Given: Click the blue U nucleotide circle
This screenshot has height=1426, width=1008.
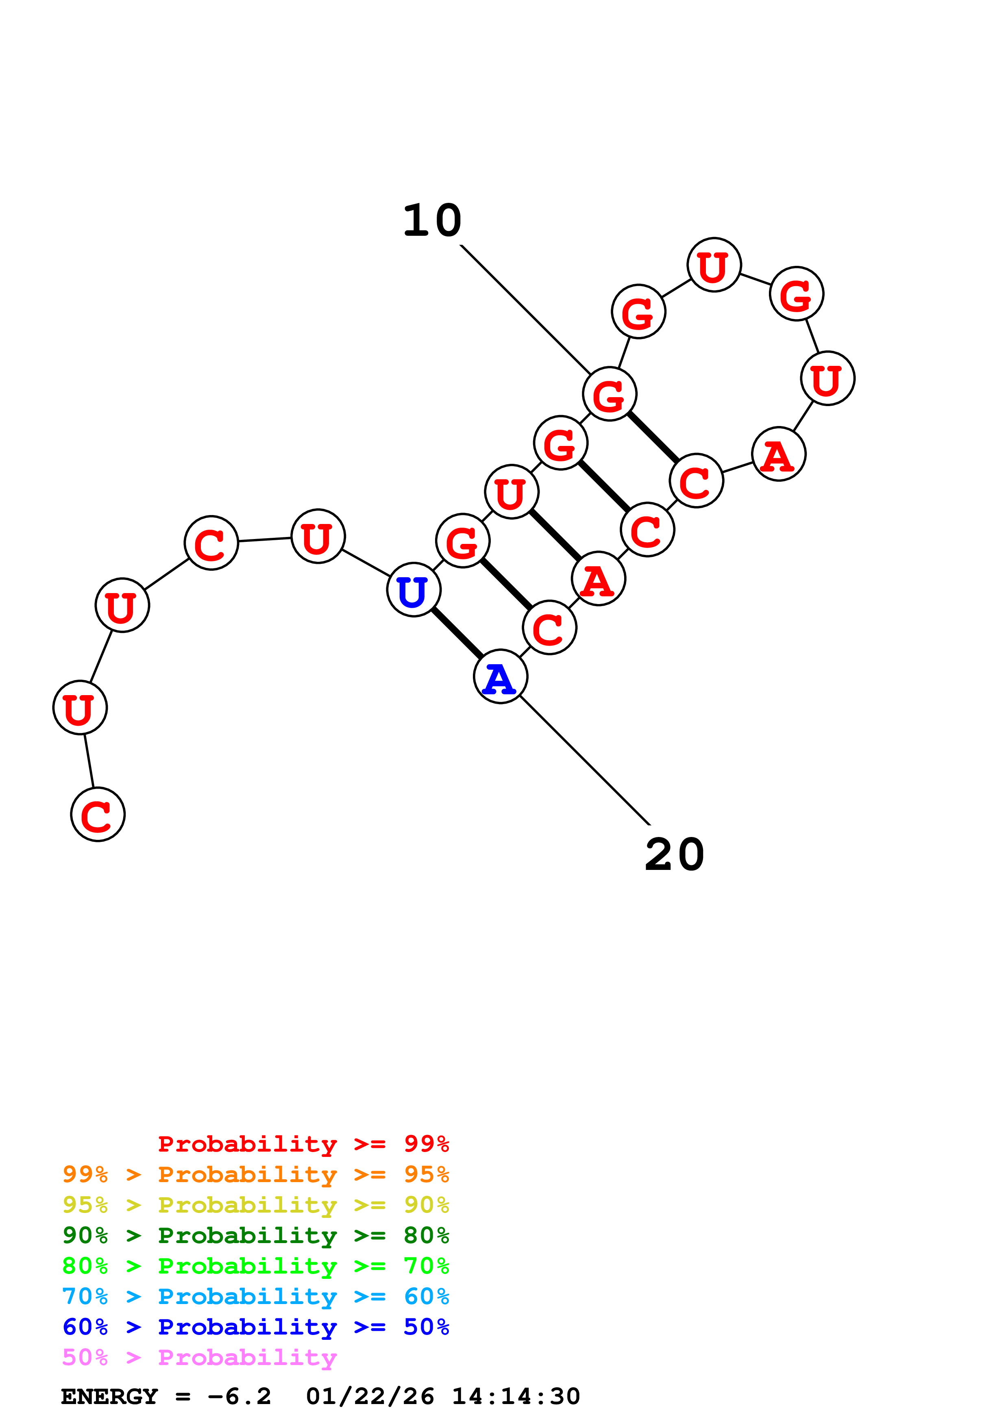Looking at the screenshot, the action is [x=414, y=589].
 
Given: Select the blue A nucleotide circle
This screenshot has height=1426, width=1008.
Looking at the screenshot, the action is [x=501, y=676].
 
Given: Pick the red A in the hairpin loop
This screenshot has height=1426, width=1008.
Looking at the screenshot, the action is [x=779, y=454].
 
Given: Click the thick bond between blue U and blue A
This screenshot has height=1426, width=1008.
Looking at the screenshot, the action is [x=457, y=633].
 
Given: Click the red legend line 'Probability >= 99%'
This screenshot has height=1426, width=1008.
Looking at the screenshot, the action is [x=303, y=1143].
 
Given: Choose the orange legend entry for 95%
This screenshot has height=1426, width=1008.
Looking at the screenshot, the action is [x=255, y=1174].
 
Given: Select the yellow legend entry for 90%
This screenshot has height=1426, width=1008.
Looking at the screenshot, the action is [x=255, y=1205].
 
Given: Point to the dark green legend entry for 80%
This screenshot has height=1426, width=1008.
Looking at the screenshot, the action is [x=255, y=1235].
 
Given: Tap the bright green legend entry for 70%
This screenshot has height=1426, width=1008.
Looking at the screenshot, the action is [x=255, y=1266].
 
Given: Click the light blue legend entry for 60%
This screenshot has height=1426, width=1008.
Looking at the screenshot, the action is [x=255, y=1296].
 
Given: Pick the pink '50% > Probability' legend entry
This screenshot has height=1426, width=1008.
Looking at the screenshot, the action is [x=199, y=1357].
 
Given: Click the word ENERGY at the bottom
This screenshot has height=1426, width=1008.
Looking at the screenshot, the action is [x=109, y=1396].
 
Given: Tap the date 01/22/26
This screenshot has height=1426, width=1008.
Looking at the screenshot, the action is [x=370, y=1396].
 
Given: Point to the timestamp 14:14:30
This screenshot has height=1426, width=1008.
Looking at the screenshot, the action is [x=516, y=1396].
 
